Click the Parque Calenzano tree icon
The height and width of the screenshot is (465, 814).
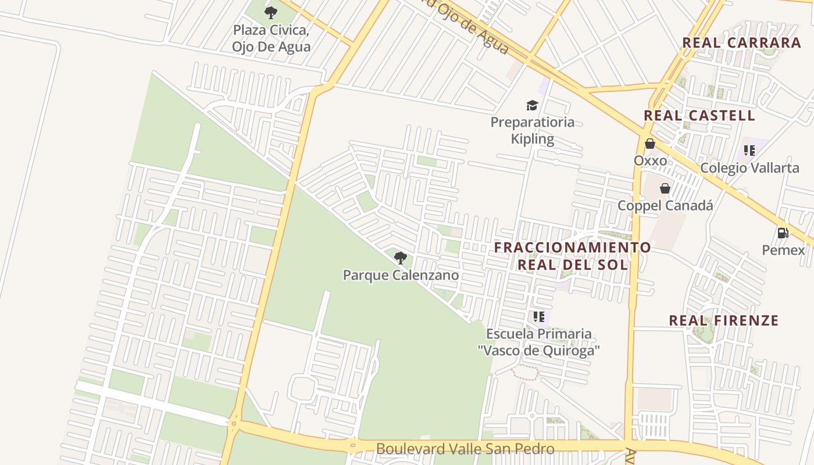(x=400, y=257)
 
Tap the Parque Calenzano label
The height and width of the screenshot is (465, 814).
(x=401, y=275)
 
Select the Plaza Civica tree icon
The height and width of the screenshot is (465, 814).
(x=270, y=12)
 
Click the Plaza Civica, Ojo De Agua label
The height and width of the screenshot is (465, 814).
(x=271, y=38)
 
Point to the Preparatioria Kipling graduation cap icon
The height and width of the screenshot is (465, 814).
(x=532, y=105)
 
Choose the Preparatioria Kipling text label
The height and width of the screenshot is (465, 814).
(x=532, y=130)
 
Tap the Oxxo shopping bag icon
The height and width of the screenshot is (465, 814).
(x=649, y=143)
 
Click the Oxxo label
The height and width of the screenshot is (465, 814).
(x=650, y=160)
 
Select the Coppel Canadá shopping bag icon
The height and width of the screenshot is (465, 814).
(x=665, y=188)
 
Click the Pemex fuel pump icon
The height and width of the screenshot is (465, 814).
(x=783, y=233)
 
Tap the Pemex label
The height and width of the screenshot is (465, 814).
(x=783, y=250)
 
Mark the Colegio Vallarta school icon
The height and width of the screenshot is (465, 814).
(x=749, y=151)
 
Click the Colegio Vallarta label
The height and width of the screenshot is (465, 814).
(x=749, y=167)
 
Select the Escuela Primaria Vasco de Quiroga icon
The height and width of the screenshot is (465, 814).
(x=538, y=317)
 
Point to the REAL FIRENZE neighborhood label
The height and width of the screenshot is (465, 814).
(x=723, y=320)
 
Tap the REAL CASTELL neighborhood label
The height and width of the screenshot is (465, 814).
(x=699, y=115)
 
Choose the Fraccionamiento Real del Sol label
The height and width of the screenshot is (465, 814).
(x=573, y=256)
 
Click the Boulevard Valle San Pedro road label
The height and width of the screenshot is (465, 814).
(x=465, y=448)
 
